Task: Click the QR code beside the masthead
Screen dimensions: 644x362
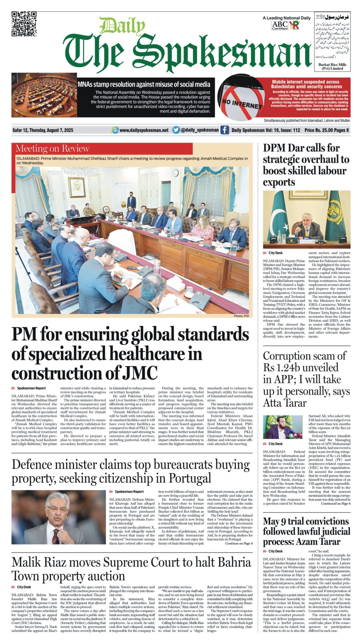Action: point(24,24)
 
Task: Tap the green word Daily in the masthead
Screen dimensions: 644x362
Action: point(122,26)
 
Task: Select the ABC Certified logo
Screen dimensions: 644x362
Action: point(280,25)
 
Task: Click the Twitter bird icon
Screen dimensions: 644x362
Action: point(176,130)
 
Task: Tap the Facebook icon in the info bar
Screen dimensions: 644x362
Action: point(224,130)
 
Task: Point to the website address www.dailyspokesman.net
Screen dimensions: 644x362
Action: point(144,130)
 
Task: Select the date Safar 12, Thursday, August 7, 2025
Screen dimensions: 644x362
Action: point(43,130)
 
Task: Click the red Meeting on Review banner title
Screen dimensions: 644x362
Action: point(53,149)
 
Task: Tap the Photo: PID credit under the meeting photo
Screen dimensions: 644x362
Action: point(241,316)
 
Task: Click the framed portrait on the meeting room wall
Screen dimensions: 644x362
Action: point(77,188)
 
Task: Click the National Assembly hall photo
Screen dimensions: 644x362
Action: point(44,95)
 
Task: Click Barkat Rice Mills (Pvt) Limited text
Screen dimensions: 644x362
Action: point(332,66)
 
